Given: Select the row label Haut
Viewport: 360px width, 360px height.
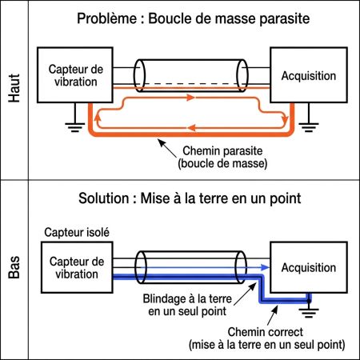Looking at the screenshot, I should pyautogui.click(x=14, y=90).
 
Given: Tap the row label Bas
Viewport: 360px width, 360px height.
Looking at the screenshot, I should pyautogui.click(x=14, y=270).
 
